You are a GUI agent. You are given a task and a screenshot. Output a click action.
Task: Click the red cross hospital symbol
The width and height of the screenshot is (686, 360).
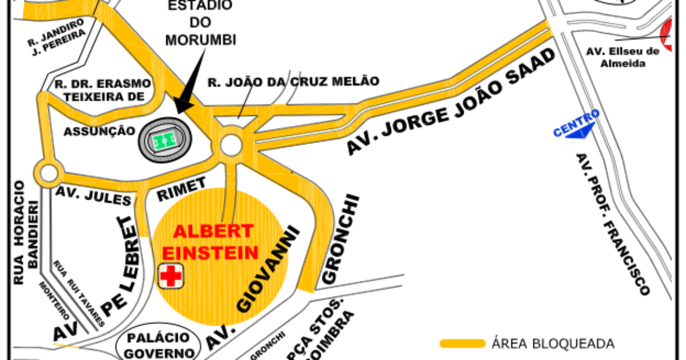coord(170,276)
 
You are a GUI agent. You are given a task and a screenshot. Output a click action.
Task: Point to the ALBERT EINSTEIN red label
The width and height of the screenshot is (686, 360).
coord(213,242)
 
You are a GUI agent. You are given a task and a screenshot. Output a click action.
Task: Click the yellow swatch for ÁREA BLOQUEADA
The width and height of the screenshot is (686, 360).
coord(462,343)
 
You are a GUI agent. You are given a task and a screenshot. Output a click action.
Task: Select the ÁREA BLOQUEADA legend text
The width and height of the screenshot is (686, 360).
coord(553,344)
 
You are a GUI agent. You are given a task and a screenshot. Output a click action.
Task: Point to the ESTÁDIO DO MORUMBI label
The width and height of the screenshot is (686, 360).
coord(201,23)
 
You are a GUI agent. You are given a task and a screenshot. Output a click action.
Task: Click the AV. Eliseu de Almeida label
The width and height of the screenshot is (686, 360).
coord(623,57)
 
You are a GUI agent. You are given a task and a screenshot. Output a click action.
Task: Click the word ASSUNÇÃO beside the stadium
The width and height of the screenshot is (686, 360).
coord(99,131)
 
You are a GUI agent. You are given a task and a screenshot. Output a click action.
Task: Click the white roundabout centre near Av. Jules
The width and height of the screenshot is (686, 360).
coord(48,172)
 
